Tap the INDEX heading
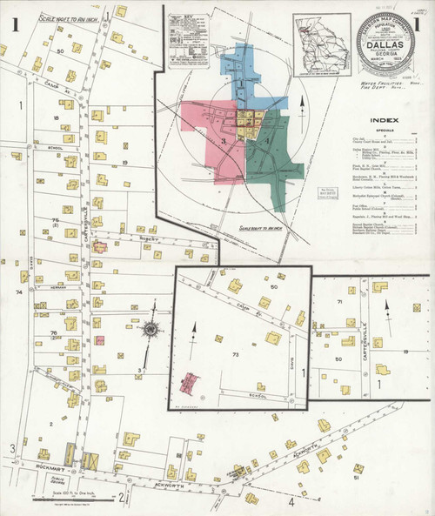384,120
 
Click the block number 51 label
356,478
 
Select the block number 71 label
338,301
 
